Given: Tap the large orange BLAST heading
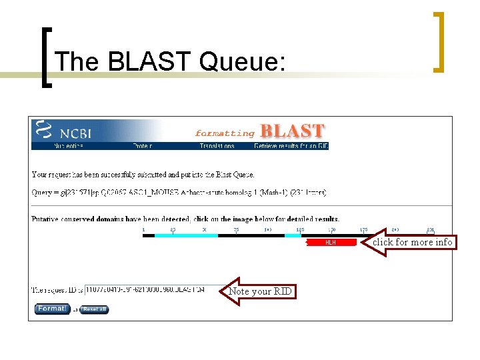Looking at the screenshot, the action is tap(292, 131).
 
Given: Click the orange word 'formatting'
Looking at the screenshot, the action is tap(225, 133).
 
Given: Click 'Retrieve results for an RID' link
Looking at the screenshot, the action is tap(291, 146).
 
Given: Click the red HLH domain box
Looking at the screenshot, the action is tap(330, 243).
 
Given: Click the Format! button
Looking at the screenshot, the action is tap(51, 309).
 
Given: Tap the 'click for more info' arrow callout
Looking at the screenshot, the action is tap(410, 242).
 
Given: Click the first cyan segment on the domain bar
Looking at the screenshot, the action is tap(186, 235).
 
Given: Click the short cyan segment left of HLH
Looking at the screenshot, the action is tap(293, 235).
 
